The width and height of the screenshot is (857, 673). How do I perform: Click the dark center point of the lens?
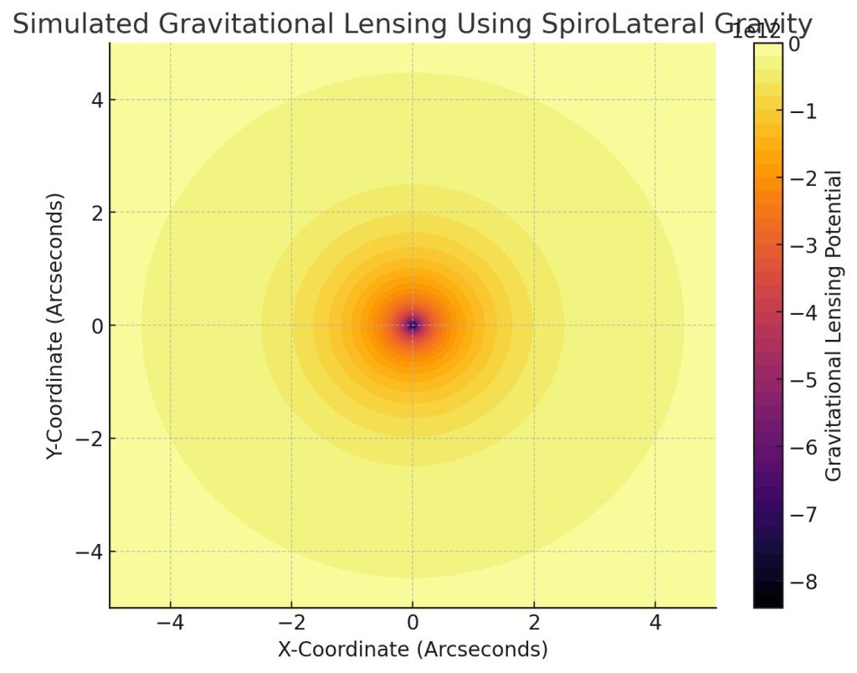pos(413,325)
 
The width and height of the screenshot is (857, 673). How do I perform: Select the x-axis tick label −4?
pos(171,624)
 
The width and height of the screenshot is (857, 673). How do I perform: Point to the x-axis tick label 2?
pos(534,624)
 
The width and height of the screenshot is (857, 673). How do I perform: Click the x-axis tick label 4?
pos(655,624)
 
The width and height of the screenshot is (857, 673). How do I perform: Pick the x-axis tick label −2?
pos(291,624)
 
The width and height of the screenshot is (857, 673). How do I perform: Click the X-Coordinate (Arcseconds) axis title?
pos(413,650)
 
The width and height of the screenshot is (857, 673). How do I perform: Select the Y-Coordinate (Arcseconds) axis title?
pos(55,325)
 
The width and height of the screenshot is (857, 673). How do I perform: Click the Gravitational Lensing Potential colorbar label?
pos(834,325)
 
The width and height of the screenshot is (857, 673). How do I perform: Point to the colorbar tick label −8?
pos(804,582)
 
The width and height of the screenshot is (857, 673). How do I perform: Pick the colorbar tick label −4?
pos(804,313)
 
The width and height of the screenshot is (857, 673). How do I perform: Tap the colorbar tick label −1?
pos(804,111)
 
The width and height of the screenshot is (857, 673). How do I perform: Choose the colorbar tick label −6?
pos(804,448)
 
